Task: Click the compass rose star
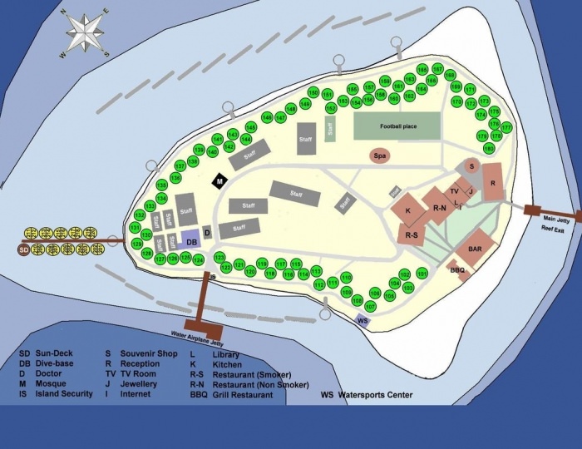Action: (x=82, y=33)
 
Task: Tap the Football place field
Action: (x=398, y=126)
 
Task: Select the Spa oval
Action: (x=382, y=155)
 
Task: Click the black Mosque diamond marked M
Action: (x=219, y=180)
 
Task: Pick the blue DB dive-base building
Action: (x=190, y=239)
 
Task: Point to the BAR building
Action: (x=476, y=249)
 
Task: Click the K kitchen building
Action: (x=408, y=210)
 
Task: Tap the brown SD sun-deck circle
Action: (x=24, y=249)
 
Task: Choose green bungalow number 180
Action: (x=489, y=148)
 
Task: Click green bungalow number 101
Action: (x=422, y=273)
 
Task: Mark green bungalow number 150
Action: (x=313, y=92)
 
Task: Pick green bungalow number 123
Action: (x=220, y=257)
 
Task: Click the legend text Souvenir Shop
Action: (x=149, y=354)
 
